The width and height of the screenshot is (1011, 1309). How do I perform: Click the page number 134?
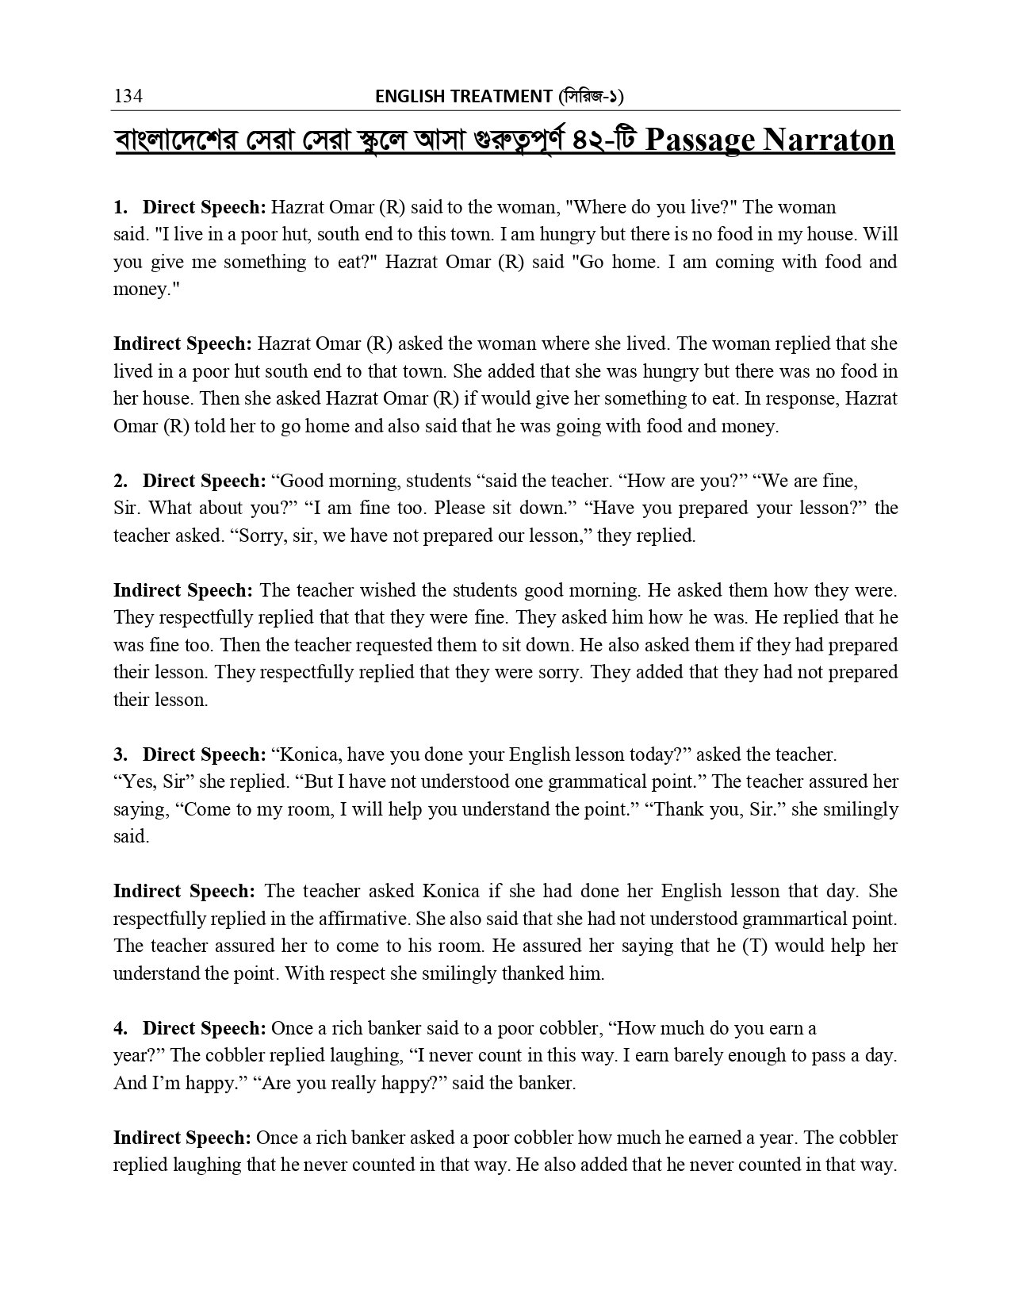(x=128, y=97)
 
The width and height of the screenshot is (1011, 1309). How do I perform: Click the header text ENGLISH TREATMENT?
(x=463, y=97)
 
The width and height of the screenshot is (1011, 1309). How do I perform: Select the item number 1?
(x=120, y=208)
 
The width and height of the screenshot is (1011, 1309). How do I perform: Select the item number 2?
(x=120, y=481)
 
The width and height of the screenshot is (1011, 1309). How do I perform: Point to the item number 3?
(x=120, y=754)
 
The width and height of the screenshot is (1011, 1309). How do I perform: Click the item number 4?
(x=120, y=1028)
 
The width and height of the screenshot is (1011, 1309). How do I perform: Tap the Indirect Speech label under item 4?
(x=182, y=1138)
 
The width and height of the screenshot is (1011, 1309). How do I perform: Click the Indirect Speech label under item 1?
(x=182, y=344)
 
